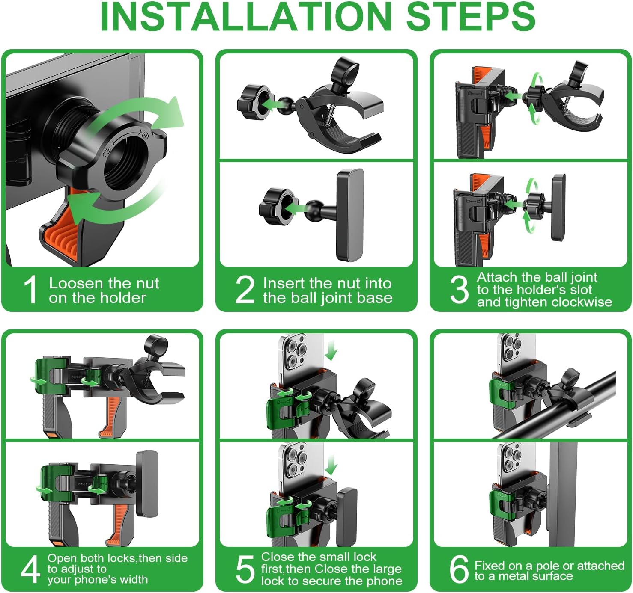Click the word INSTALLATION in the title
[x=246, y=17]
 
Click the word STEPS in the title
[x=471, y=17]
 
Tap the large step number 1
[x=31, y=289]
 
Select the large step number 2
[x=245, y=289]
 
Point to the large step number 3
[x=459, y=289]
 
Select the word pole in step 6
[x=548, y=566]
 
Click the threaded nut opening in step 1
[x=129, y=163]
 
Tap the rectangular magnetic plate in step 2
[x=350, y=215]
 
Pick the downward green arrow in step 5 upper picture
[x=331, y=350]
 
